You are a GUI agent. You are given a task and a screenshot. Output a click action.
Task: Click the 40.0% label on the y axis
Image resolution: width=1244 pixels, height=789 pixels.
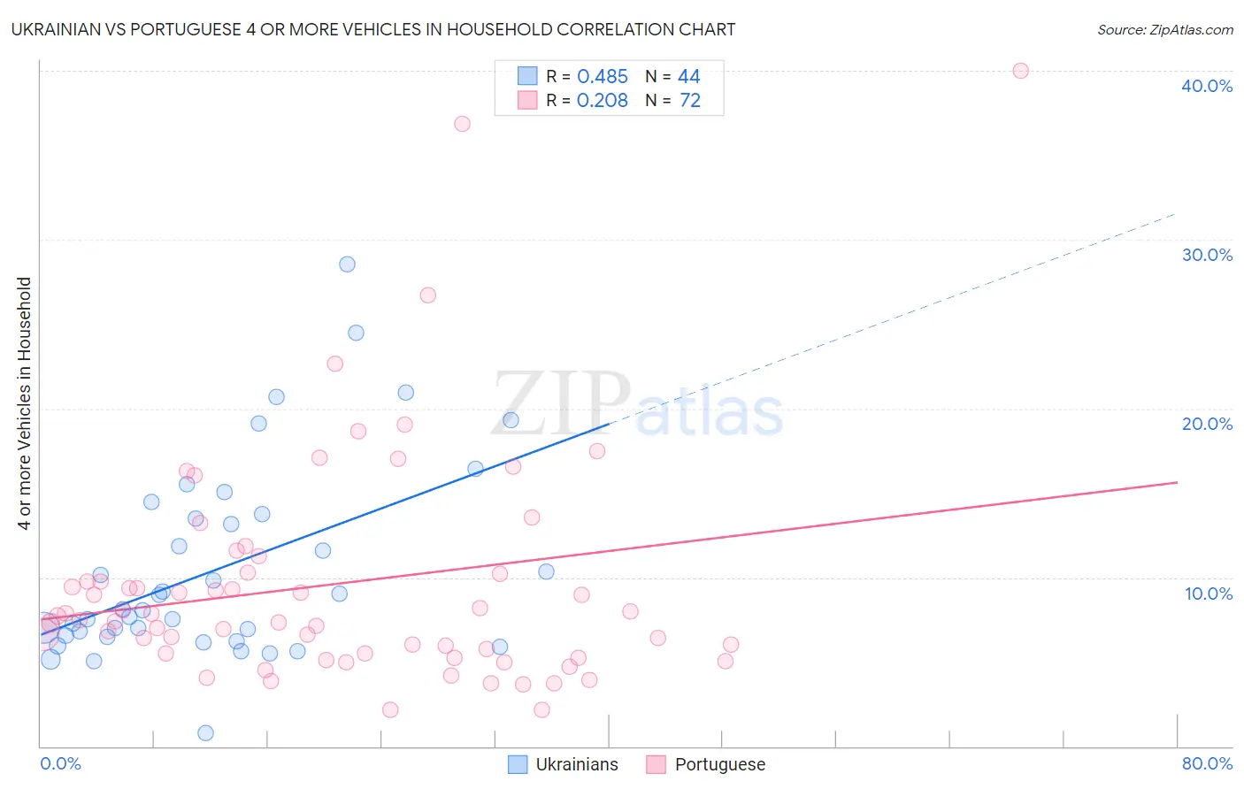[x=1207, y=86]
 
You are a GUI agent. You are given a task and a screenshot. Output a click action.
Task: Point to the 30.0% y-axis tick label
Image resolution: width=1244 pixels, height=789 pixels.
[x=1207, y=255]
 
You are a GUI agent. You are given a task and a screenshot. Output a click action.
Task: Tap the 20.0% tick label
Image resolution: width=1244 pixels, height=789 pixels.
[x=1207, y=424]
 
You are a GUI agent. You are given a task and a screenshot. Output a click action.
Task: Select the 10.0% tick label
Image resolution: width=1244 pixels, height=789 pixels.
[x=1207, y=594]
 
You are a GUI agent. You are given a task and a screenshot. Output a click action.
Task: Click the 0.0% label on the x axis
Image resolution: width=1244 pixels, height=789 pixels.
[x=60, y=763]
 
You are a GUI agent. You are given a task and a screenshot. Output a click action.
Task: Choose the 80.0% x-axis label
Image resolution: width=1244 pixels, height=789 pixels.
[x=1207, y=763]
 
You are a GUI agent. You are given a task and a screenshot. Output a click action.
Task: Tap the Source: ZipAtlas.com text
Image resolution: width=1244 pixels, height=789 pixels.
[x=1164, y=30]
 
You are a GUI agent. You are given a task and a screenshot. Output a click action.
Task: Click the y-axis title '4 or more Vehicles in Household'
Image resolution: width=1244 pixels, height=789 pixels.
[x=25, y=403]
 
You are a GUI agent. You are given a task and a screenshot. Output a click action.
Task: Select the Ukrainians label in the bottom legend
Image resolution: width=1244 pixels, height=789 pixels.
[x=577, y=764]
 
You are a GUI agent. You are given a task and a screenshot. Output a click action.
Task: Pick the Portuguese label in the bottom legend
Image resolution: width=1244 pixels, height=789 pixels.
[x=720, y=764]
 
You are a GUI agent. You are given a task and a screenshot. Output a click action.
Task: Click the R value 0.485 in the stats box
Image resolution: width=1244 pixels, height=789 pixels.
[x=602, y=77]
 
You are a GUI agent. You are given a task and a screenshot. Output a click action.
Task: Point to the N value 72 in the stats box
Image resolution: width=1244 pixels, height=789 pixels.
[x=690, y=101]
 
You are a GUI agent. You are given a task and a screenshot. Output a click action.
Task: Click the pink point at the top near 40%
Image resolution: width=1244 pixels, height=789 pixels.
[x=1020, y=71]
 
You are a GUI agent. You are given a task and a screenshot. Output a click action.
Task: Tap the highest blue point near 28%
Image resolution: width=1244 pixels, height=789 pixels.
[x=347, y=264]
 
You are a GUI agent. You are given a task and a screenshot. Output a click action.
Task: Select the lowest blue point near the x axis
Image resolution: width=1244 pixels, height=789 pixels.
[x=205, y=732]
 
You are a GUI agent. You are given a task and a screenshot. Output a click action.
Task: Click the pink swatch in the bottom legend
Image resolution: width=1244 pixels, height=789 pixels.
[x=656, y=764]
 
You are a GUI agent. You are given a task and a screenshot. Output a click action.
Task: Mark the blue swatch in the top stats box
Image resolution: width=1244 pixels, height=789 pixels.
[x=527, y=76]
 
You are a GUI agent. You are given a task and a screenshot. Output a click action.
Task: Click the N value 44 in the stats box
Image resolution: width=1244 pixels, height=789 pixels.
[x=689, y=77]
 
